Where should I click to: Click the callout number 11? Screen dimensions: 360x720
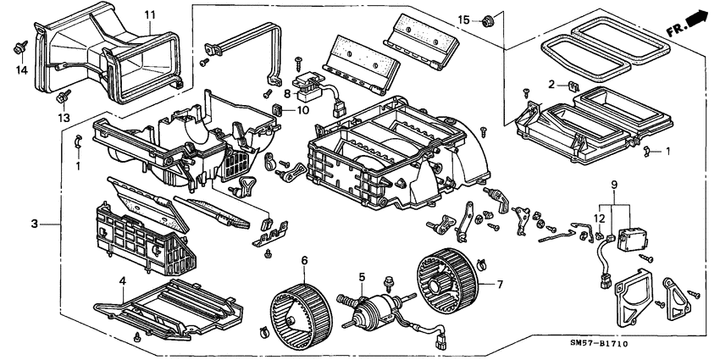pyautogui.click(x=149, y=16)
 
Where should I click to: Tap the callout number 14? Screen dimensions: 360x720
pyautogui.click(x=23, y=69)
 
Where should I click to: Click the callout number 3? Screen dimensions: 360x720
pyautogui.click(x=35, y=224)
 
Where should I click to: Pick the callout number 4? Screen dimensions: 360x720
pyautogui.click(x=122, y=281)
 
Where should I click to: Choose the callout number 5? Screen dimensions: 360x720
pyautogui.click(x=361, y=277)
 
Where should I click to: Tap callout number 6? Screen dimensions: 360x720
pyautogui.click(x=304, y=260)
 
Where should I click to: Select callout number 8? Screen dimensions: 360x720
pyautogui.click(x=287, y=94)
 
